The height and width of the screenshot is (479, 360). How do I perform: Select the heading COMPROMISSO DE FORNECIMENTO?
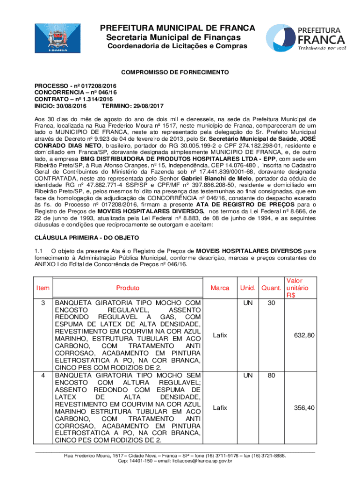(x=175, y=73)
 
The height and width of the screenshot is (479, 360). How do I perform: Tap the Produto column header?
(x=128, y=288)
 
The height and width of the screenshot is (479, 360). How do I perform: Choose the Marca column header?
(x=220, y=288)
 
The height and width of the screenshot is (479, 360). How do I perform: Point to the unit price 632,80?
(x=304, y=335)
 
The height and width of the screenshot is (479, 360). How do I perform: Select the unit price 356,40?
(x=304, y=408)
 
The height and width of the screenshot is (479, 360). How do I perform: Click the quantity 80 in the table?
(x=271, y=375)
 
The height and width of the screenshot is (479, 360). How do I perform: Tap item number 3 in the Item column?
(x=43, y=303)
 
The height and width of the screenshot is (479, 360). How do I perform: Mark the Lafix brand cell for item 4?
(x=220, y=408)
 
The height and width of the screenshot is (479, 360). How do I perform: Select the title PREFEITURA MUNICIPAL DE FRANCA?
(x=178, y=28)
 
